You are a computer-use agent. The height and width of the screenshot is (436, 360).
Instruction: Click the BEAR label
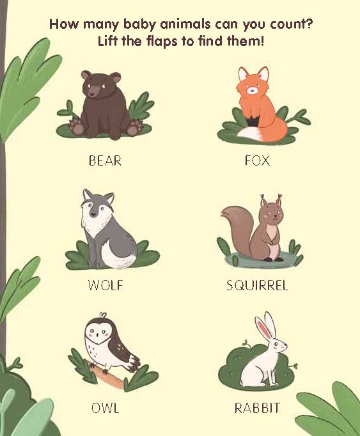pos(105,160)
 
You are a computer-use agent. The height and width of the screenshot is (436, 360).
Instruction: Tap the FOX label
pos(257,160)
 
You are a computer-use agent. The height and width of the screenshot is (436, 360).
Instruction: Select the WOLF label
pos(105,285)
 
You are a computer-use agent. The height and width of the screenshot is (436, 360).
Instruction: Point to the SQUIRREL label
pos(257,285)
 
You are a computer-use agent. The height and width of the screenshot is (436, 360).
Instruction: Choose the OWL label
pos(105,408)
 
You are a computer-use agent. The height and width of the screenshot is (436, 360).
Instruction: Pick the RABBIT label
pos(257,408)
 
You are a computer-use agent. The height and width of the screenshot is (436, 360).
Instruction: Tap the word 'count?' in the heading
pos(291,24)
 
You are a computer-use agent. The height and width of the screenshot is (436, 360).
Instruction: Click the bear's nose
pos(93,94)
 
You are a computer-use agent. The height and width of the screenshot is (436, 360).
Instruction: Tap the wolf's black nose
pos(93,214)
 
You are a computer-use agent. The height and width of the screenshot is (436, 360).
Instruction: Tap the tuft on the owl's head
pos(103,315)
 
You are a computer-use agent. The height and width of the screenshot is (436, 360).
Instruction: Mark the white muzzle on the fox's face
pos(253,90)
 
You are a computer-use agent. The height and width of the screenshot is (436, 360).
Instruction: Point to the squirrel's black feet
pos(274,260)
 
